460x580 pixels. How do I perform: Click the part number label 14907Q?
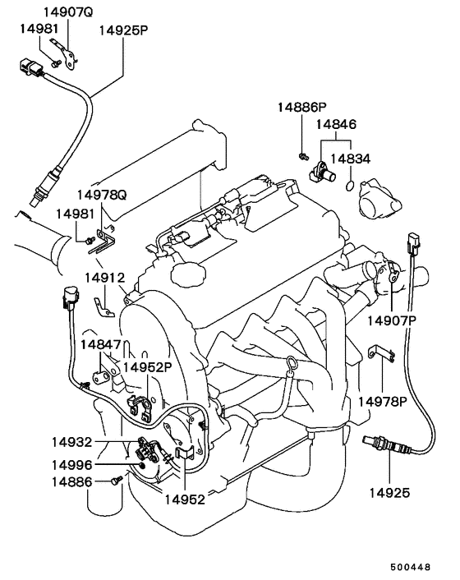(68, 12)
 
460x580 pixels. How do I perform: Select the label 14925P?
(123, 30)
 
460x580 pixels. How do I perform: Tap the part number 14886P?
(302, 108)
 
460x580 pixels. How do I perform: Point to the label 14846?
(336, 124)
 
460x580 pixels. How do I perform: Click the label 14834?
(350, 159)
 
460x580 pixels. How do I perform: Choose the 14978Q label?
(102, 195)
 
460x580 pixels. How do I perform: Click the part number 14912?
(105, 278)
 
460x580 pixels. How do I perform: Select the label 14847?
(101, 345)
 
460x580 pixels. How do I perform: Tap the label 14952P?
(148, 367)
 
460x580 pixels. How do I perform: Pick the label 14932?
(71, 442)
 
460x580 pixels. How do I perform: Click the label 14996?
(71, 465)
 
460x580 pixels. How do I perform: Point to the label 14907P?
(392, 320)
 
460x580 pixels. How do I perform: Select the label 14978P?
(382, 402)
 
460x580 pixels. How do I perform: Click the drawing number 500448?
(411, 567)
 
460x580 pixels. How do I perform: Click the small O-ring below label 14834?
(350, 186)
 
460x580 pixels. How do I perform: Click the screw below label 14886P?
(303, 156)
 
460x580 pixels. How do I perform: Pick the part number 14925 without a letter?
(389, 493)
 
